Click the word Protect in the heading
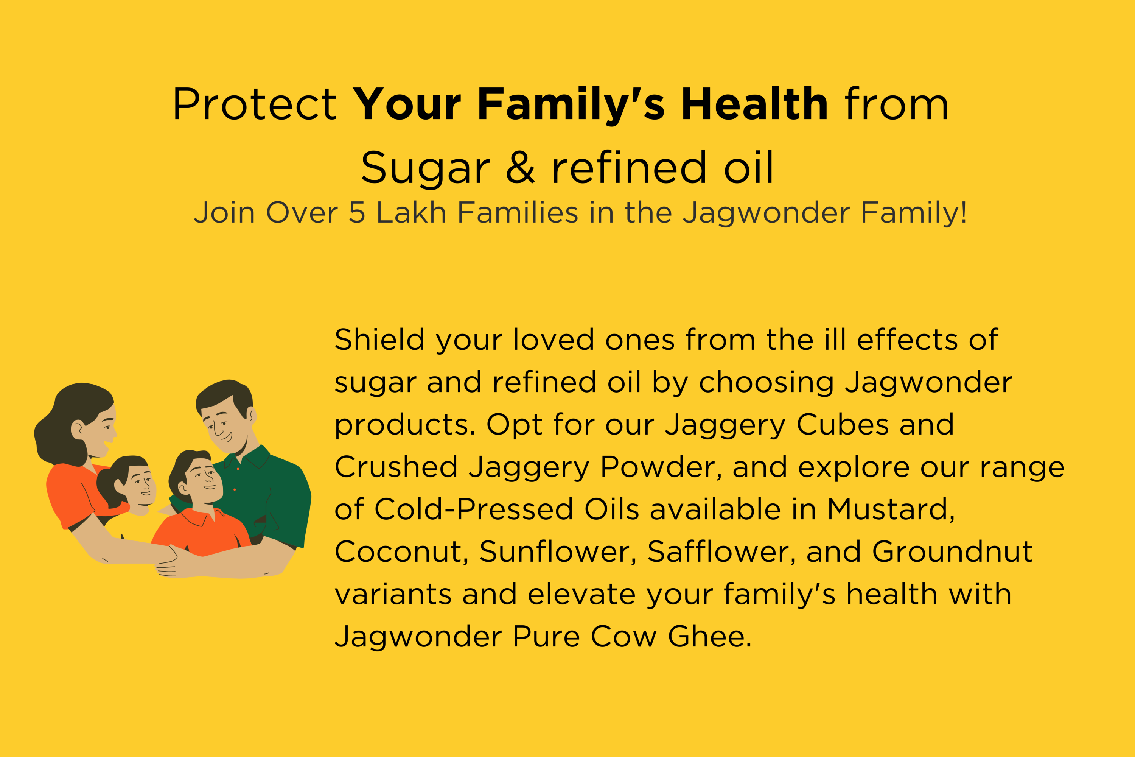255,104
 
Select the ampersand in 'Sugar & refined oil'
521,168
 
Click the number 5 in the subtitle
357,212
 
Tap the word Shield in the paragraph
380,340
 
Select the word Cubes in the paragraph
841,424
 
